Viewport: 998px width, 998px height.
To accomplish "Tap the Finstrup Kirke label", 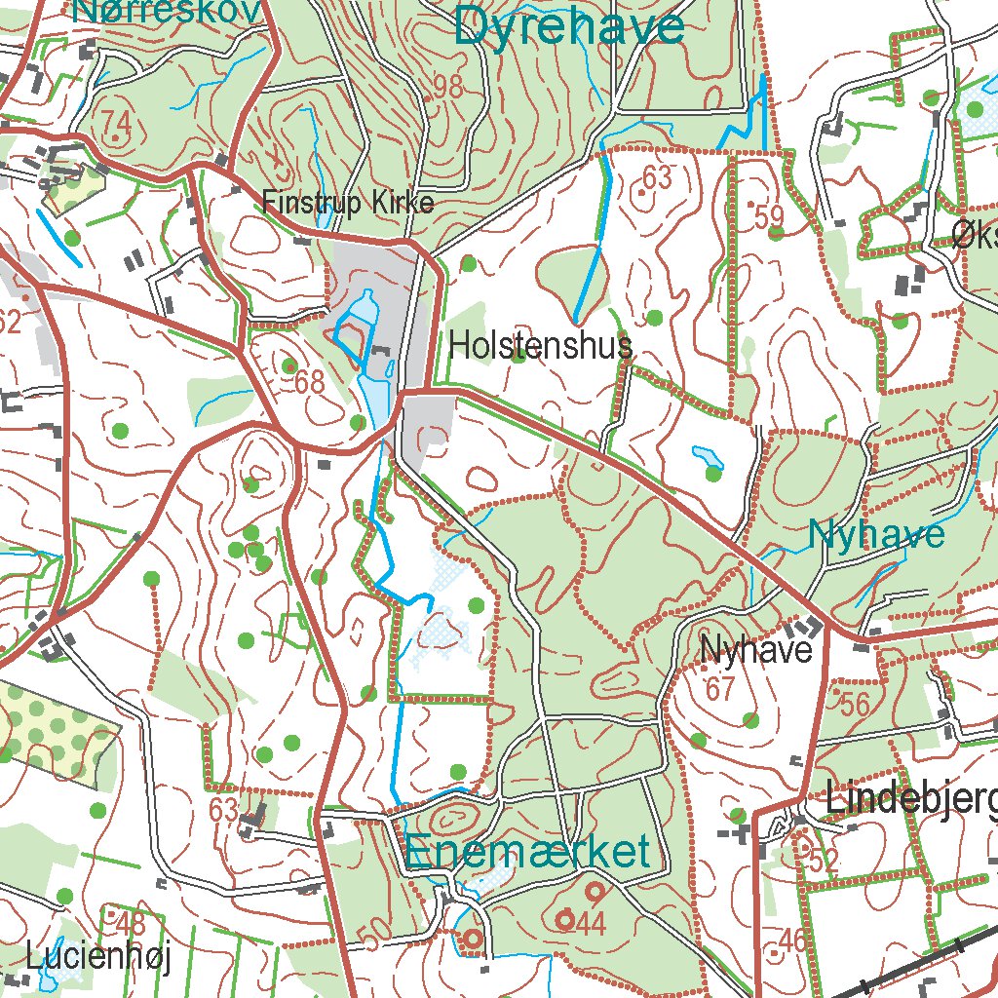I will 348,203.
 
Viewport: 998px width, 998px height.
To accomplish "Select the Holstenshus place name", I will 541,345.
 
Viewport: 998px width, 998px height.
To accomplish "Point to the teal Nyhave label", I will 876,534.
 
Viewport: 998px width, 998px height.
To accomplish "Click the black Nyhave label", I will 756,649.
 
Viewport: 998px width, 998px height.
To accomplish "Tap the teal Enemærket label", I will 527,852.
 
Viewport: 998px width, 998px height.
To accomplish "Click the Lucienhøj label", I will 98,957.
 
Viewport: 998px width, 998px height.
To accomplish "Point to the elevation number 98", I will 447,87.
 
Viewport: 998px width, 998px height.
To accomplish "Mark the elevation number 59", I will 770,215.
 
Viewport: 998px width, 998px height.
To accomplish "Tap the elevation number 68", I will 310,382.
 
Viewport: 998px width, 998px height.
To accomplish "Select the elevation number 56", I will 854,705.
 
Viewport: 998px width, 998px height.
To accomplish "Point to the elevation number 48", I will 130,922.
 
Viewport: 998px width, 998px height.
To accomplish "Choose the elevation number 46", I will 793,940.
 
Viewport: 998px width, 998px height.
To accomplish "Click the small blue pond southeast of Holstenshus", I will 703,454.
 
